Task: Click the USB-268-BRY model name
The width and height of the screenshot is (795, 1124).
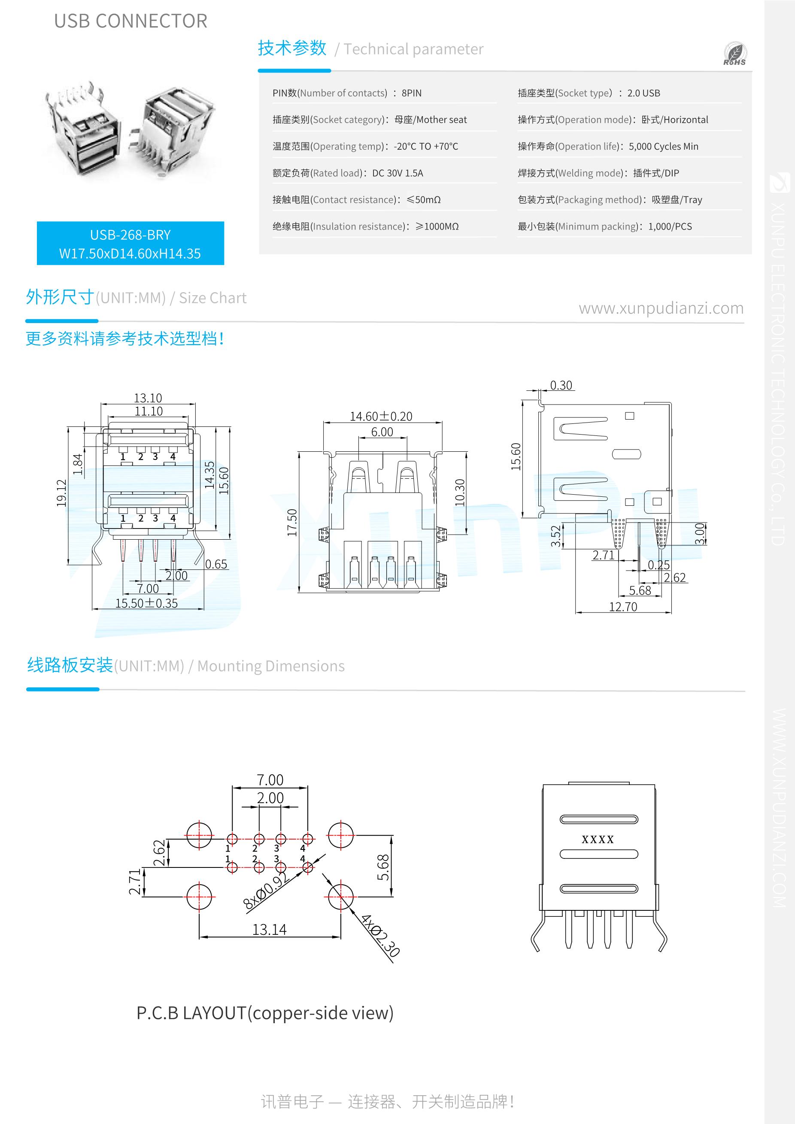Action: pyautogui.click(x=130, y=235)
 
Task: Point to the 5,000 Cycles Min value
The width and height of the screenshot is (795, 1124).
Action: pyautogui.click(x=663, y=146)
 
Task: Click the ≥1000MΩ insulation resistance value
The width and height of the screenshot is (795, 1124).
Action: pyautogui.click(x=437, y=226)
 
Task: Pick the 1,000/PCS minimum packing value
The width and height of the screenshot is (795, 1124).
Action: pyautogui.click(x=670, y=226)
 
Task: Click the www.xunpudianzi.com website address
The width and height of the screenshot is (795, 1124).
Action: pyautogui.click(x=661, y=308)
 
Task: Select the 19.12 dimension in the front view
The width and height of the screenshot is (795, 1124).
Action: pyautogui.click(x=61, y=493)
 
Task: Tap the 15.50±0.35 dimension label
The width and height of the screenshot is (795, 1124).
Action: pyautogui.click(x=146, y=603)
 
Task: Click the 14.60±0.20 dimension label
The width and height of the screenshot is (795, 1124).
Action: pyautogui.click(x=381, y=416)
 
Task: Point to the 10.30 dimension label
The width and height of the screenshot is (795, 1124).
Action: pyautogui.click(x=459, y=493)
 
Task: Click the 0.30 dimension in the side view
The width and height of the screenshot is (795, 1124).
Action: pyautogui.click(x=561, y=385)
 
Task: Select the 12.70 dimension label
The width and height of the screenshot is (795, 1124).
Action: pyautogui.click(x=622, y=607)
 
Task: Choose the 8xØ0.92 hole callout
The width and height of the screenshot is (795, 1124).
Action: pyautogui.click(x=265, y=891)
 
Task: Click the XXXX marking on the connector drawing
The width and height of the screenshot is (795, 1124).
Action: pyautogui.click(x=597, y=840)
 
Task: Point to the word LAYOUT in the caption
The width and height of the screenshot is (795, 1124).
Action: pyautogui.click(x=214, y=1013)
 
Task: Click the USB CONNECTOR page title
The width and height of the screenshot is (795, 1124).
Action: pyautogui.click(x=131, y=21)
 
